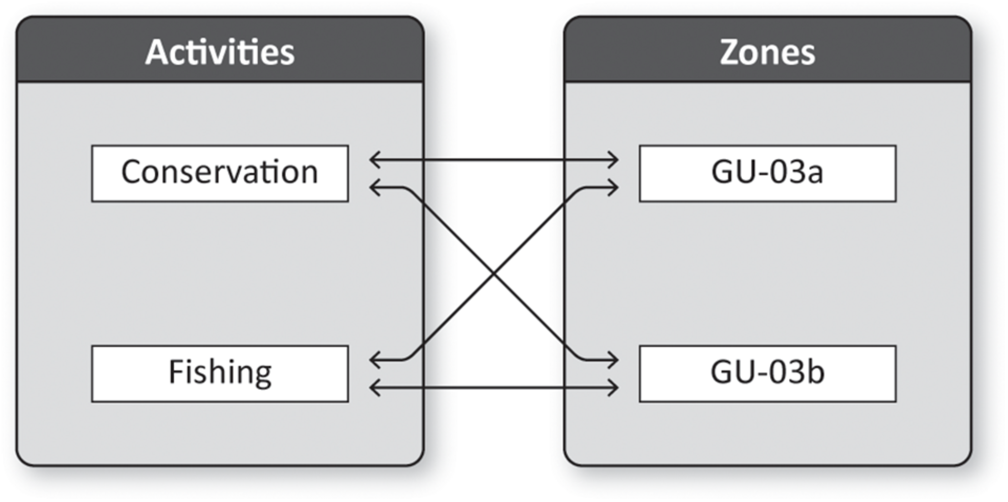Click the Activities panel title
[220, 52]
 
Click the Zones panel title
[767, 52]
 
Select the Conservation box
[220, 173]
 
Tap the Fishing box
[220, 373]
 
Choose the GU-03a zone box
[767, 173]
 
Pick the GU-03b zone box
[767, 373]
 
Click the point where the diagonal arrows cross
[494, 274]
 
